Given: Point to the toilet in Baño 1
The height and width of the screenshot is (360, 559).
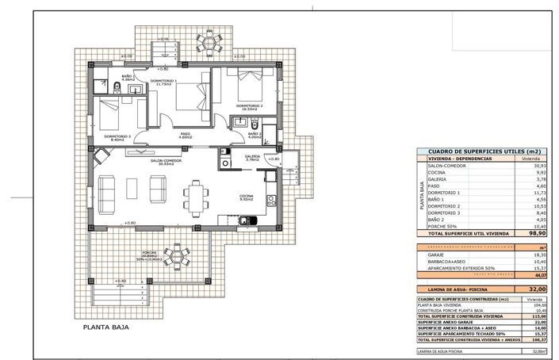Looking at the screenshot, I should coord(117,87).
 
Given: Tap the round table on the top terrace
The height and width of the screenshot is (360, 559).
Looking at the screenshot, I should coord(212,41).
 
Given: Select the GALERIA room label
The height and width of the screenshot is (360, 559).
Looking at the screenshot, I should coord(253,157).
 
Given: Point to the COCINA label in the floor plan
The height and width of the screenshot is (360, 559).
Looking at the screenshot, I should coord(247,197).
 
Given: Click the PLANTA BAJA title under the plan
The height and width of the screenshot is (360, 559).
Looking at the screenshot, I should coord(107,326).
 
